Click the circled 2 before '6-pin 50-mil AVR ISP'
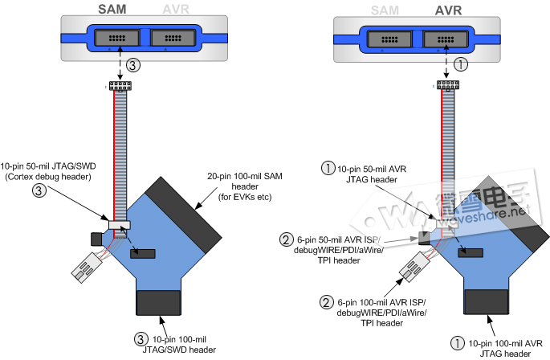(x=285, y=239)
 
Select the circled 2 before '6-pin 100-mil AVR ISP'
(x=327, y=301)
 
